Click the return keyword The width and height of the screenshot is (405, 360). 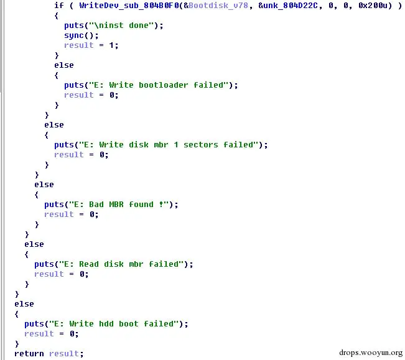coord(29,353)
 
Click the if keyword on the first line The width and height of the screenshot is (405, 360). coord(58,5)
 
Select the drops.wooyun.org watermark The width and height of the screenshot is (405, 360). coord(371,351)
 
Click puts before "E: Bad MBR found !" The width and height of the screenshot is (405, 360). coord(54,204)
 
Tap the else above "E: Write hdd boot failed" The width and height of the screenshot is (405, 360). coord(24,303)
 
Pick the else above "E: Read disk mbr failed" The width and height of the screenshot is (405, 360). coord(34,244)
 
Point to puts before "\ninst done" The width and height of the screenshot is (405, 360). coord(74,25)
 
